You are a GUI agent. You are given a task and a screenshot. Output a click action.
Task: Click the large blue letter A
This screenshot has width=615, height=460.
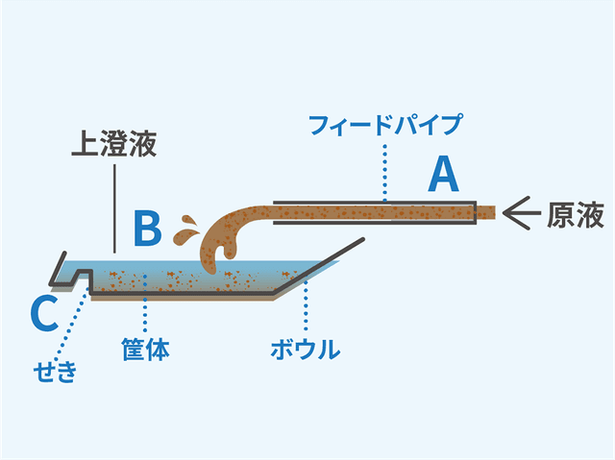[x=443, y=176]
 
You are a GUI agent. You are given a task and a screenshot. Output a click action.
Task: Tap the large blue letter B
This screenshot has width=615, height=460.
[x=146, y=229]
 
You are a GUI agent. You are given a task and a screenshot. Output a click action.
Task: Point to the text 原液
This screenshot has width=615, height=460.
[x=576, y=215]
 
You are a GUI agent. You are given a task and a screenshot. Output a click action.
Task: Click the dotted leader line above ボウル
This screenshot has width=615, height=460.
[x=306, y=307]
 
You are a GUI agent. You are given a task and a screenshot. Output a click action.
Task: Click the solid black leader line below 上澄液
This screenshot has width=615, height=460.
[x=114, y=206]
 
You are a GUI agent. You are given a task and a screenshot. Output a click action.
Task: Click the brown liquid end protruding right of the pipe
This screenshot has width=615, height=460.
[x=486, y=210]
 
